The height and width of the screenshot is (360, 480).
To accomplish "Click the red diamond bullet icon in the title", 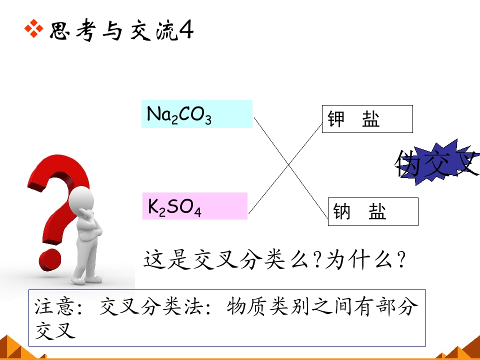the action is click(x=33, y=29).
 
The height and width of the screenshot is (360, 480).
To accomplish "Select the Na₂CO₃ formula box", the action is click(x=197, y=114).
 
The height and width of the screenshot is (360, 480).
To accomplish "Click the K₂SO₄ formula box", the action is click(x=194, y=206).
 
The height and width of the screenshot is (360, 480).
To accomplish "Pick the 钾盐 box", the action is click(x=367, y=119).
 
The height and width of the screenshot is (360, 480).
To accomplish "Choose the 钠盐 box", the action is click(x=373, y=212).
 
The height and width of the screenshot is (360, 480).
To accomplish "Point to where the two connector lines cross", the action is click(x=288, y=165).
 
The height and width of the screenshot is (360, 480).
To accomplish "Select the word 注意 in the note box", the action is click(x=54, y=306).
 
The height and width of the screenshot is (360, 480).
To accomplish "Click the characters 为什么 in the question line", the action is click(x=359, y=260).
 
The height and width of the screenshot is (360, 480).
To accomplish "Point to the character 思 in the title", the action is click(x=59, y=30).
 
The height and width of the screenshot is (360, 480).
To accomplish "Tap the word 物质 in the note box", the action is click(x=247, y=306).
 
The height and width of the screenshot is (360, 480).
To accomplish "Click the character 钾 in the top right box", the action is click(x=336, y=119).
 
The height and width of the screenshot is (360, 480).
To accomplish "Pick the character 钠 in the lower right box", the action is click(x=341, y=211).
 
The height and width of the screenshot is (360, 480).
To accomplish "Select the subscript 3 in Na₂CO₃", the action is click(x=208, y=120).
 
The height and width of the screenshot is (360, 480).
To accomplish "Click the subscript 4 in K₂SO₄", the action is click(x=197, y=212).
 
